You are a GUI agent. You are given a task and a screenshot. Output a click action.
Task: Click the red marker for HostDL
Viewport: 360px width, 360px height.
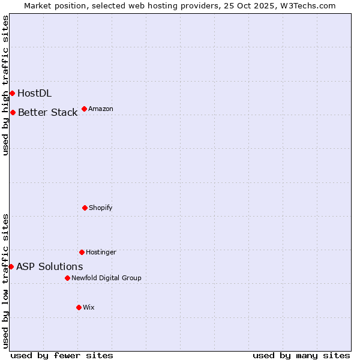point(12,93)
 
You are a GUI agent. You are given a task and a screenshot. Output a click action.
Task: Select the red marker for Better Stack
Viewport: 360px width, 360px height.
point(13,112)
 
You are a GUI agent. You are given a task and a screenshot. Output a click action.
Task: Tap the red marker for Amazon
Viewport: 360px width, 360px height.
point(84,109)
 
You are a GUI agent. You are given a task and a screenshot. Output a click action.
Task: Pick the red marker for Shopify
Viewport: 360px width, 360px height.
point(85,208)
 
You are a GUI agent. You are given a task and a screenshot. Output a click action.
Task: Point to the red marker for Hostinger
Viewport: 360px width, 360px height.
point(82,252)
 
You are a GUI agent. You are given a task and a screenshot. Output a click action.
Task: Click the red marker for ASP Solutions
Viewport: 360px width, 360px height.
point(11,266)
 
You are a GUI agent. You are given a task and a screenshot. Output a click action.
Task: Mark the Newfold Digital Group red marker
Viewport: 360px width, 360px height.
point(67,278)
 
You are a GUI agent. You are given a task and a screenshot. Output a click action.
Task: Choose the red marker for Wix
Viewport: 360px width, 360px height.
point(79,307)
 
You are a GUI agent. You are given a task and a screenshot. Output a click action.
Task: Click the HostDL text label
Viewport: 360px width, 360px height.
point(34,93)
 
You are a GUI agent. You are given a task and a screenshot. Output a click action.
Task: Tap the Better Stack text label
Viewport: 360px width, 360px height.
point(47,112)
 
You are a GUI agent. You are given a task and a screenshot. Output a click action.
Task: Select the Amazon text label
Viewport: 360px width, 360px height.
point(101,109)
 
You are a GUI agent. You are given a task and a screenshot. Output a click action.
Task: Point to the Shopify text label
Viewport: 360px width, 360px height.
point(101,208)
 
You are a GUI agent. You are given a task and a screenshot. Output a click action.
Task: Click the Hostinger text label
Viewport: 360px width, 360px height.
point(101,252)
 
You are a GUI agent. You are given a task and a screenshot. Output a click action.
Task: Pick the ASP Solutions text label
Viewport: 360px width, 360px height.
point(49,266)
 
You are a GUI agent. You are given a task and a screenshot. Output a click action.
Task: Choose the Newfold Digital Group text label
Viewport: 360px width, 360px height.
point(106,278)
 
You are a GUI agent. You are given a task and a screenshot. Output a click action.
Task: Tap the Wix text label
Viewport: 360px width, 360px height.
point(89,307)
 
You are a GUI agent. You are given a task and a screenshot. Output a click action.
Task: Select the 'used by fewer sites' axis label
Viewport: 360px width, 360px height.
point(62,355)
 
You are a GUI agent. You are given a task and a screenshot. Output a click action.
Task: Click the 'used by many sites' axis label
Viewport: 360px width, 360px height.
point(301,355)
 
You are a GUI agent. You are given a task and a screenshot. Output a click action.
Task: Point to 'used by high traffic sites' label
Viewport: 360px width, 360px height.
point(5,85)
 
